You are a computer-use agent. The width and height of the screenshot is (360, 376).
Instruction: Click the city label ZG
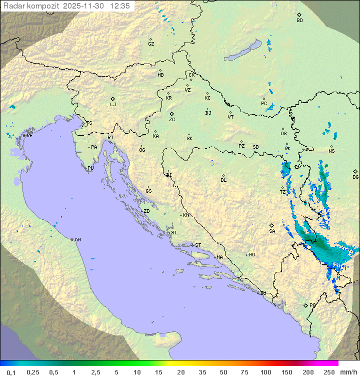coord(172,120)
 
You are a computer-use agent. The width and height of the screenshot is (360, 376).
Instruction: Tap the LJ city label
coord(113,105)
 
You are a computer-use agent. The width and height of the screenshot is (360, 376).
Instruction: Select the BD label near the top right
coord(299,21)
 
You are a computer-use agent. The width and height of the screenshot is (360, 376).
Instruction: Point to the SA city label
coord(272,231)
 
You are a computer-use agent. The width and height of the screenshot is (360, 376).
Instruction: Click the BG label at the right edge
coord(355,177)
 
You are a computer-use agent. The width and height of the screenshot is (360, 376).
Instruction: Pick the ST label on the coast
coord(198,245)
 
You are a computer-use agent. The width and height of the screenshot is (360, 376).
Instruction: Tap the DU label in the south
coord(263,293)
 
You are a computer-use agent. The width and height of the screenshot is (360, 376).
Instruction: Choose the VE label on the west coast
coord(29,136)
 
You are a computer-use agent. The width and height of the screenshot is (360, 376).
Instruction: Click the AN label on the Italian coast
coord(77,240)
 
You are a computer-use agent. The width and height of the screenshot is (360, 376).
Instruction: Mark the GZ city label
coord(151,44)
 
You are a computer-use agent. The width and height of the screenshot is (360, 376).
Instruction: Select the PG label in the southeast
coord(312,305)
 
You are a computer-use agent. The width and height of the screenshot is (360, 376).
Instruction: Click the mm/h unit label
coord(348,372)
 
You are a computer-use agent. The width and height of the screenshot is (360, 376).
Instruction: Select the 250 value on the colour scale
coord(329,372)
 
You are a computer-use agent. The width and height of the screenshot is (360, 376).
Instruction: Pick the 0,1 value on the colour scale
coord(11,372)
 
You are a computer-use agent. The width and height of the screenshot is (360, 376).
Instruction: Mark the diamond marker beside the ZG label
coord(171,114)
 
